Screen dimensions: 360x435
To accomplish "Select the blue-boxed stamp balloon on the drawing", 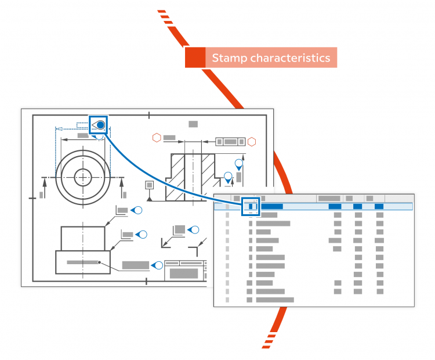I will coord(99,125).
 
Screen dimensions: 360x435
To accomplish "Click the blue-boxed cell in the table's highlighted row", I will coord(251,206).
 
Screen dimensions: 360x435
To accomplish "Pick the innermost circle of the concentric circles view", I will coord(84,177).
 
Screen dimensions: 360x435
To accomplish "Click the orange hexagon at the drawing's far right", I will coord(252,141).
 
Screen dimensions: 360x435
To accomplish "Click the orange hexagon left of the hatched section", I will coord(156,138).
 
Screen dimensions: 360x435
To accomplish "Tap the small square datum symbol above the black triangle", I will coord(150,185).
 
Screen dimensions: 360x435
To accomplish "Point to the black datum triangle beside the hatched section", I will coord(150,199).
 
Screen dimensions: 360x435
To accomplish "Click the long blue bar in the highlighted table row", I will coord(271,206).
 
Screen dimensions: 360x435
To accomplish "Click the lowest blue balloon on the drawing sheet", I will coord(157,265).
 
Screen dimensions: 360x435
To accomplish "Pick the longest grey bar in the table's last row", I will coord(275,300).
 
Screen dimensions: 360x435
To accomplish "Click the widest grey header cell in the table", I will coord(329,198).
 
